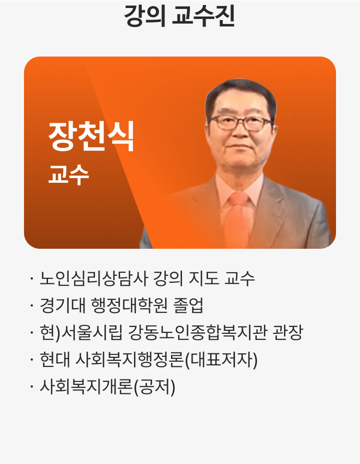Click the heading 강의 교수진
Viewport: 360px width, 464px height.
click(179, 17)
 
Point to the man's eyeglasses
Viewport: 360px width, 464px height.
click(240, 122)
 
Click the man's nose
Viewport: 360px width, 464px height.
click(241, 134)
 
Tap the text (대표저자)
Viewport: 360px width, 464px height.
click(221, 360)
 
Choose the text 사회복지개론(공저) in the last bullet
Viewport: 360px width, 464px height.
click(107, 387)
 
